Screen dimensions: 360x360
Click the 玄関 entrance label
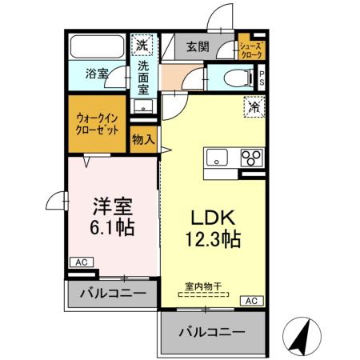coord(198,47)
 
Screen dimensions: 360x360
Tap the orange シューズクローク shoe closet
coord(251,47)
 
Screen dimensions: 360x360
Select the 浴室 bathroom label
coord(98,74)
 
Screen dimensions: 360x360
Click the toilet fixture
coord(238,77)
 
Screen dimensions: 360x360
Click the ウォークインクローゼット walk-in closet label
coord(98,122)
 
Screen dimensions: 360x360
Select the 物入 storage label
coord(143,140)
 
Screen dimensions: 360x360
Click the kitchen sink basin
coord(216,158)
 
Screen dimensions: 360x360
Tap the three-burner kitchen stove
coord(250,157)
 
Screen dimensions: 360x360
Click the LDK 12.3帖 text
coord(210,229)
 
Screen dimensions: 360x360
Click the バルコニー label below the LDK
coord(211,330)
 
